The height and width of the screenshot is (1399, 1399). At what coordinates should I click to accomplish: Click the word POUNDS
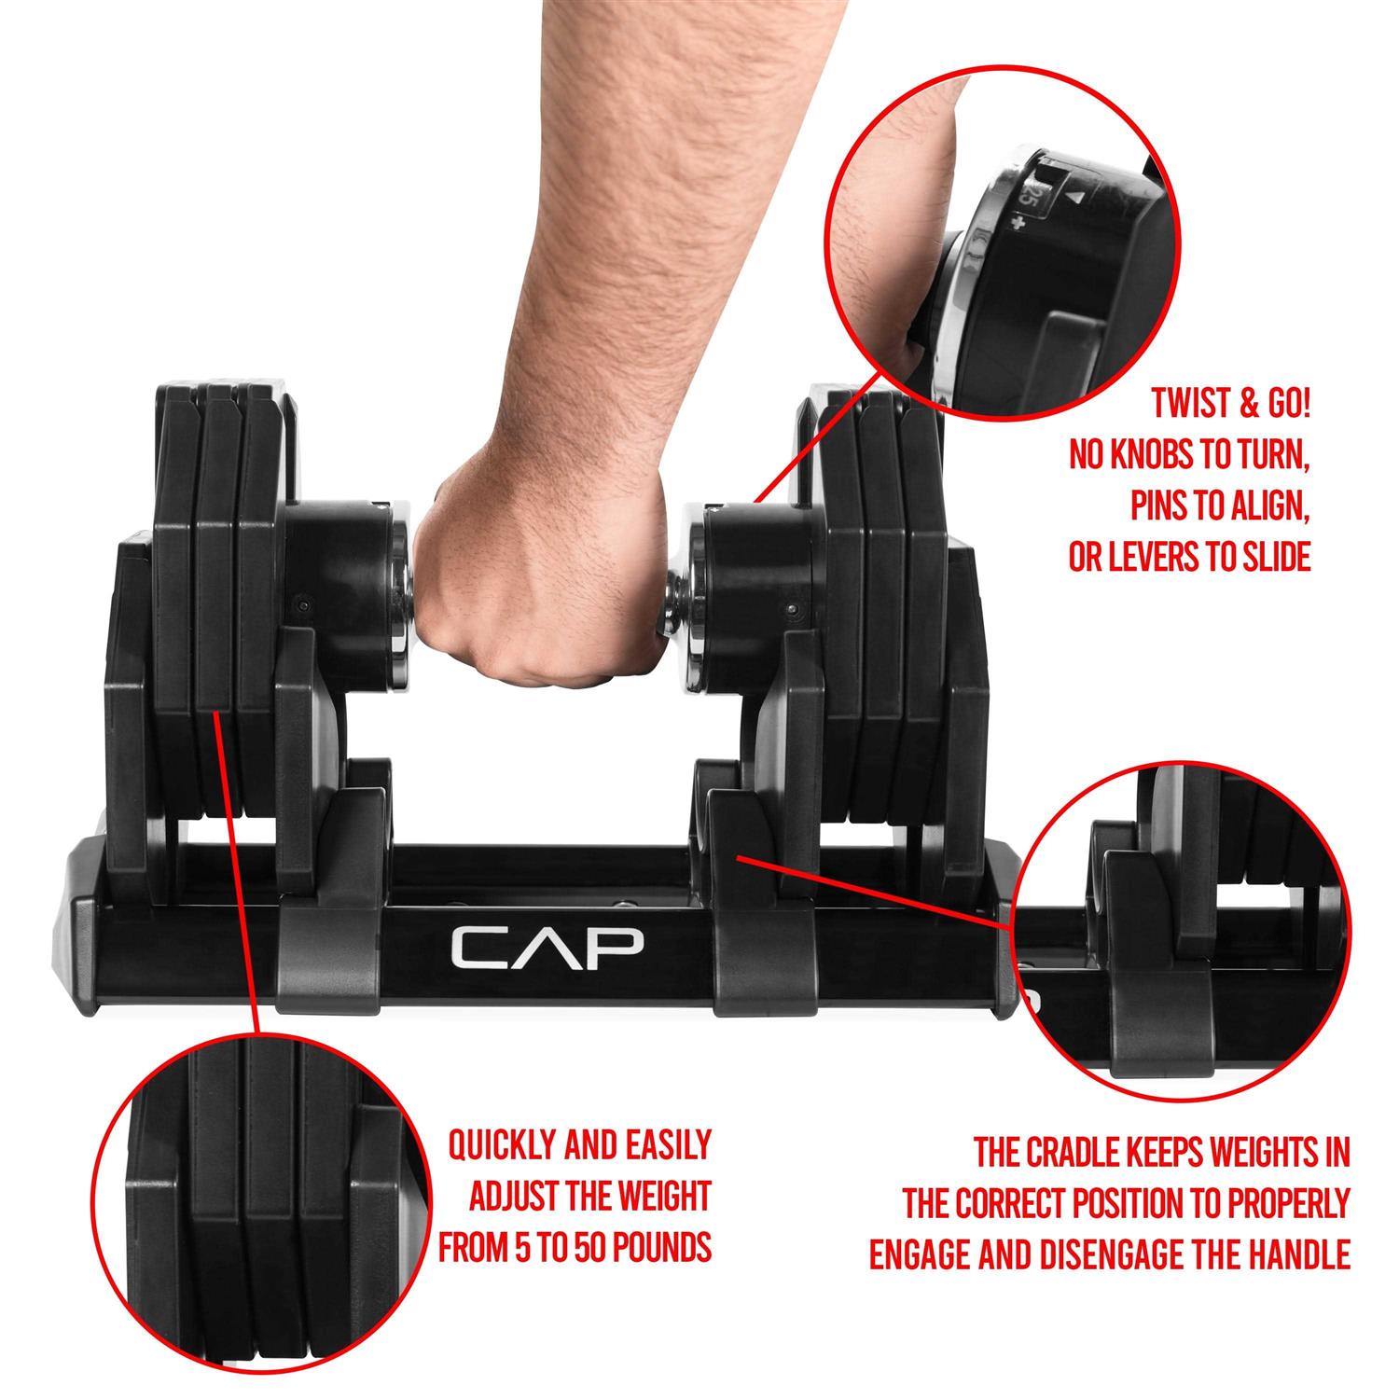coord(658,1247)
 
